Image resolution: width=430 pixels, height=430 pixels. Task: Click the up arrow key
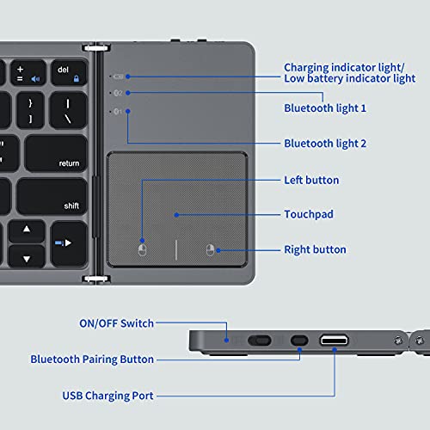(28, 230)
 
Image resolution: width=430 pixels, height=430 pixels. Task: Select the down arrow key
(28, 256)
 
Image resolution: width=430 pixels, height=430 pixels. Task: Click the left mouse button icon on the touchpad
(143, 250)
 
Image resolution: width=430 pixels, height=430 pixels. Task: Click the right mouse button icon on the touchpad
(209, 250)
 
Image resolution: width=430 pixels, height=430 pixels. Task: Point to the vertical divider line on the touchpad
(176, 250)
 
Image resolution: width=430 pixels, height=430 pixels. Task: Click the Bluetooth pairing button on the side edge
(299, 341)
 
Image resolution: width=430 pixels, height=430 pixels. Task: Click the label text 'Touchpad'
(310, 214)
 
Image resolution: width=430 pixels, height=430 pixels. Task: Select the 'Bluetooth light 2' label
(325, 143)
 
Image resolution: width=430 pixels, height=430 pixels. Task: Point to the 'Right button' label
(315, 249)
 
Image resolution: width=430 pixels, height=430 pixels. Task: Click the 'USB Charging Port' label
(107, 396)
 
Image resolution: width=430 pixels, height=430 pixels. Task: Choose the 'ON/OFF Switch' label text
(116, 323)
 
